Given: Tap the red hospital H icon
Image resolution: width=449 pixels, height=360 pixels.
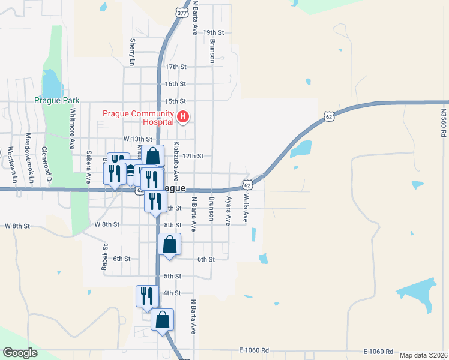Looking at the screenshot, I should click(x=184, y=116).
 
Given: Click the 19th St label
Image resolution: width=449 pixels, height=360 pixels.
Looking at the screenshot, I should click(x=213, y=32).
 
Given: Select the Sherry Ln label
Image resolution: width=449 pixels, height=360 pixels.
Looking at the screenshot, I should click(x=132, y=52).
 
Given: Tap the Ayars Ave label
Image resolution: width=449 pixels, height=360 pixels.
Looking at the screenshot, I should click(x=228, y=211).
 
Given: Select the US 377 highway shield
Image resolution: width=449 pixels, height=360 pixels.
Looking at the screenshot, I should click(x=182, y=11).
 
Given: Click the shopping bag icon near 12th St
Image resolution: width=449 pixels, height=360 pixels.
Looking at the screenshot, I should click(x=153, y=155).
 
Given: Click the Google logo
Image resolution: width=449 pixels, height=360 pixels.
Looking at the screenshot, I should click(x=20, y=353).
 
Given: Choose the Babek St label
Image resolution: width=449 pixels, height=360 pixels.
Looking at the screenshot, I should click(x=105, y=256).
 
